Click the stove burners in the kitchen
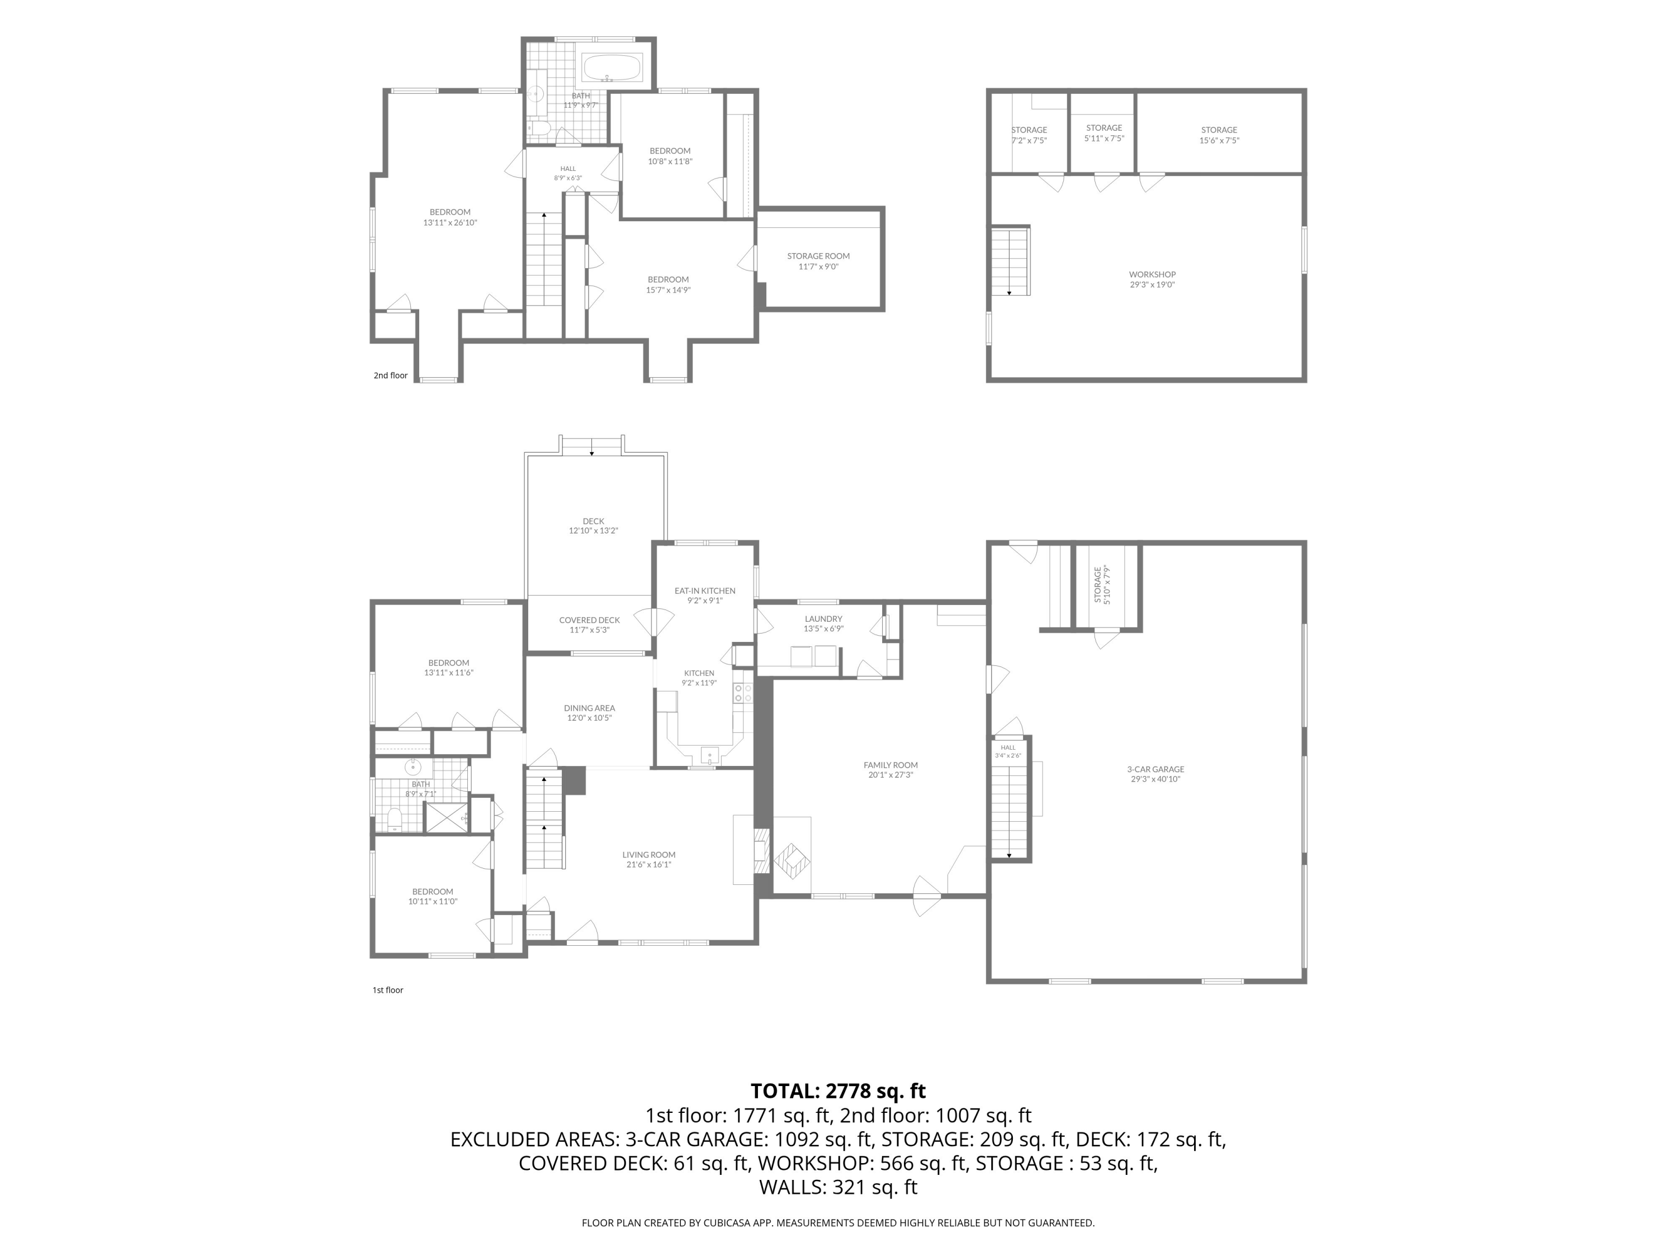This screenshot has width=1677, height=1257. (743, 693)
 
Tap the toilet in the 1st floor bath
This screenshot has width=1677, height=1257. (394, 820)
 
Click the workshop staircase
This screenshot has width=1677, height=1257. (1011, 261)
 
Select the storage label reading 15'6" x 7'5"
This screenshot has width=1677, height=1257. (1219, 140)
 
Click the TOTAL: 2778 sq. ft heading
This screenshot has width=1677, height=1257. (838, 1091)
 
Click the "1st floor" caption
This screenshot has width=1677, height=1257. (387, 991)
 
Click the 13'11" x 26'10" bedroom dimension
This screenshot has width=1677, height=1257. (451, 223)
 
